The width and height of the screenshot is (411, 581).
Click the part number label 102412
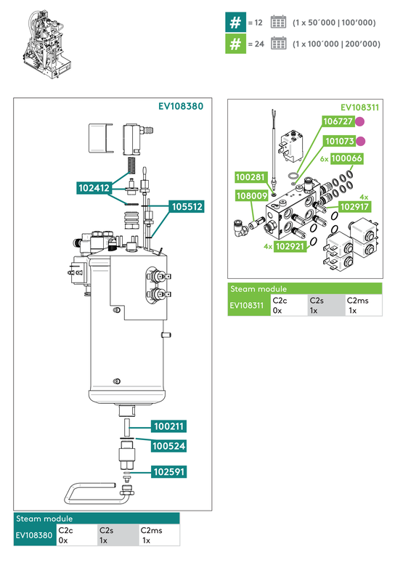click(94, 188)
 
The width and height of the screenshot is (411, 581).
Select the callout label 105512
click(187, 207)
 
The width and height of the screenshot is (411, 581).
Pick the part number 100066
click(347, 158)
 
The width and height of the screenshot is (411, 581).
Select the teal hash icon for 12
click(235, 23)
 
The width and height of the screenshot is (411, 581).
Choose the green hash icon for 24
click(235, 44)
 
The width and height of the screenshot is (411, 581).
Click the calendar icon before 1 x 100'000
click(278, 44)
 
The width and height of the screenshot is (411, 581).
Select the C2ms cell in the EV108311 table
click(362, 305)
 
